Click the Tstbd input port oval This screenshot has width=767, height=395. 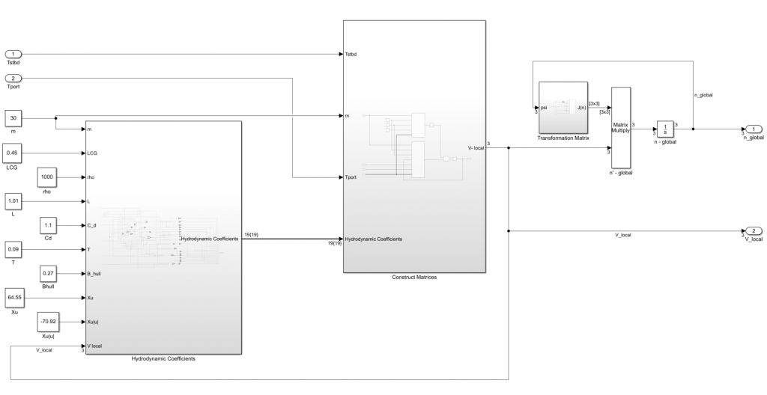click(14, 54)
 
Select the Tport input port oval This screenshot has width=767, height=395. click(14, 78)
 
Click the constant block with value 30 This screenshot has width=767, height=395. click(14, 117)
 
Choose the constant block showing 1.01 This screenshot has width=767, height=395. click(14, 202)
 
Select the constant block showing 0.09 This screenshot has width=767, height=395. click(14, 250)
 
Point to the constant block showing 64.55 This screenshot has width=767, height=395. click(14, 298)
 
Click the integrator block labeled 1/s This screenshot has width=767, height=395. click(665, 129)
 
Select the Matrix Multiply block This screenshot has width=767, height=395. click(621, 127)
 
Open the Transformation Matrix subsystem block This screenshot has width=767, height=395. click(563, 108)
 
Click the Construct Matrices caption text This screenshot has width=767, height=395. click(414, 278)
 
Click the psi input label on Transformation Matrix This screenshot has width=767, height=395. click(545, 108)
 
